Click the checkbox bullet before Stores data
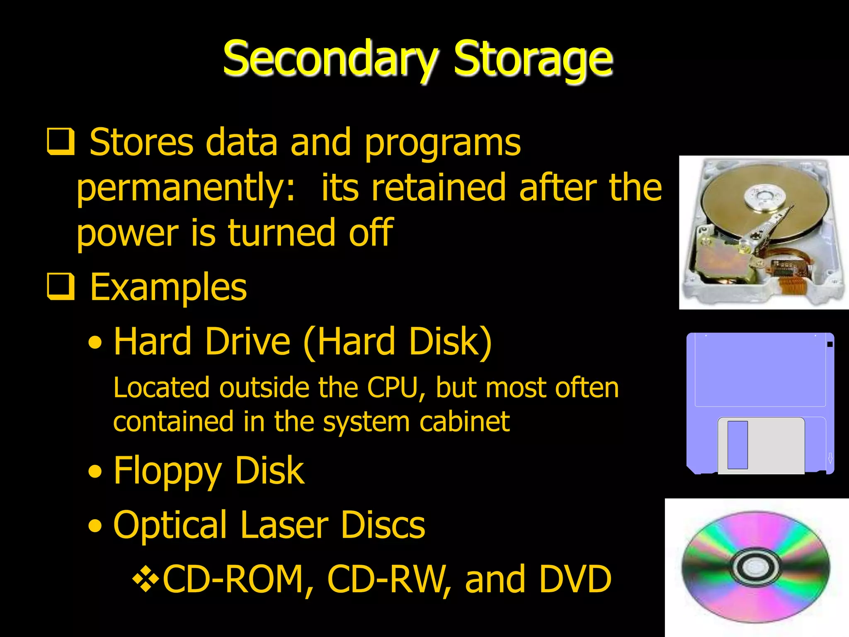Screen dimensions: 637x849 click(61, 141)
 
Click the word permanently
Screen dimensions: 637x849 click(186, 189)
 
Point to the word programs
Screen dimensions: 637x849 click(442, 143)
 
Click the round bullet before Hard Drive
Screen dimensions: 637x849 click(95, 343)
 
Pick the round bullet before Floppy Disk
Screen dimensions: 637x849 click(95, 472)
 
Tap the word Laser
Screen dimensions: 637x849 click(284, 525)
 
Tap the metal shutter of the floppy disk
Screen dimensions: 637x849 click(761, 445)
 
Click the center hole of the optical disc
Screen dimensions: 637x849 click(756, 566)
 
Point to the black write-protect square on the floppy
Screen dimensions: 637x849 click(830, 344)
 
